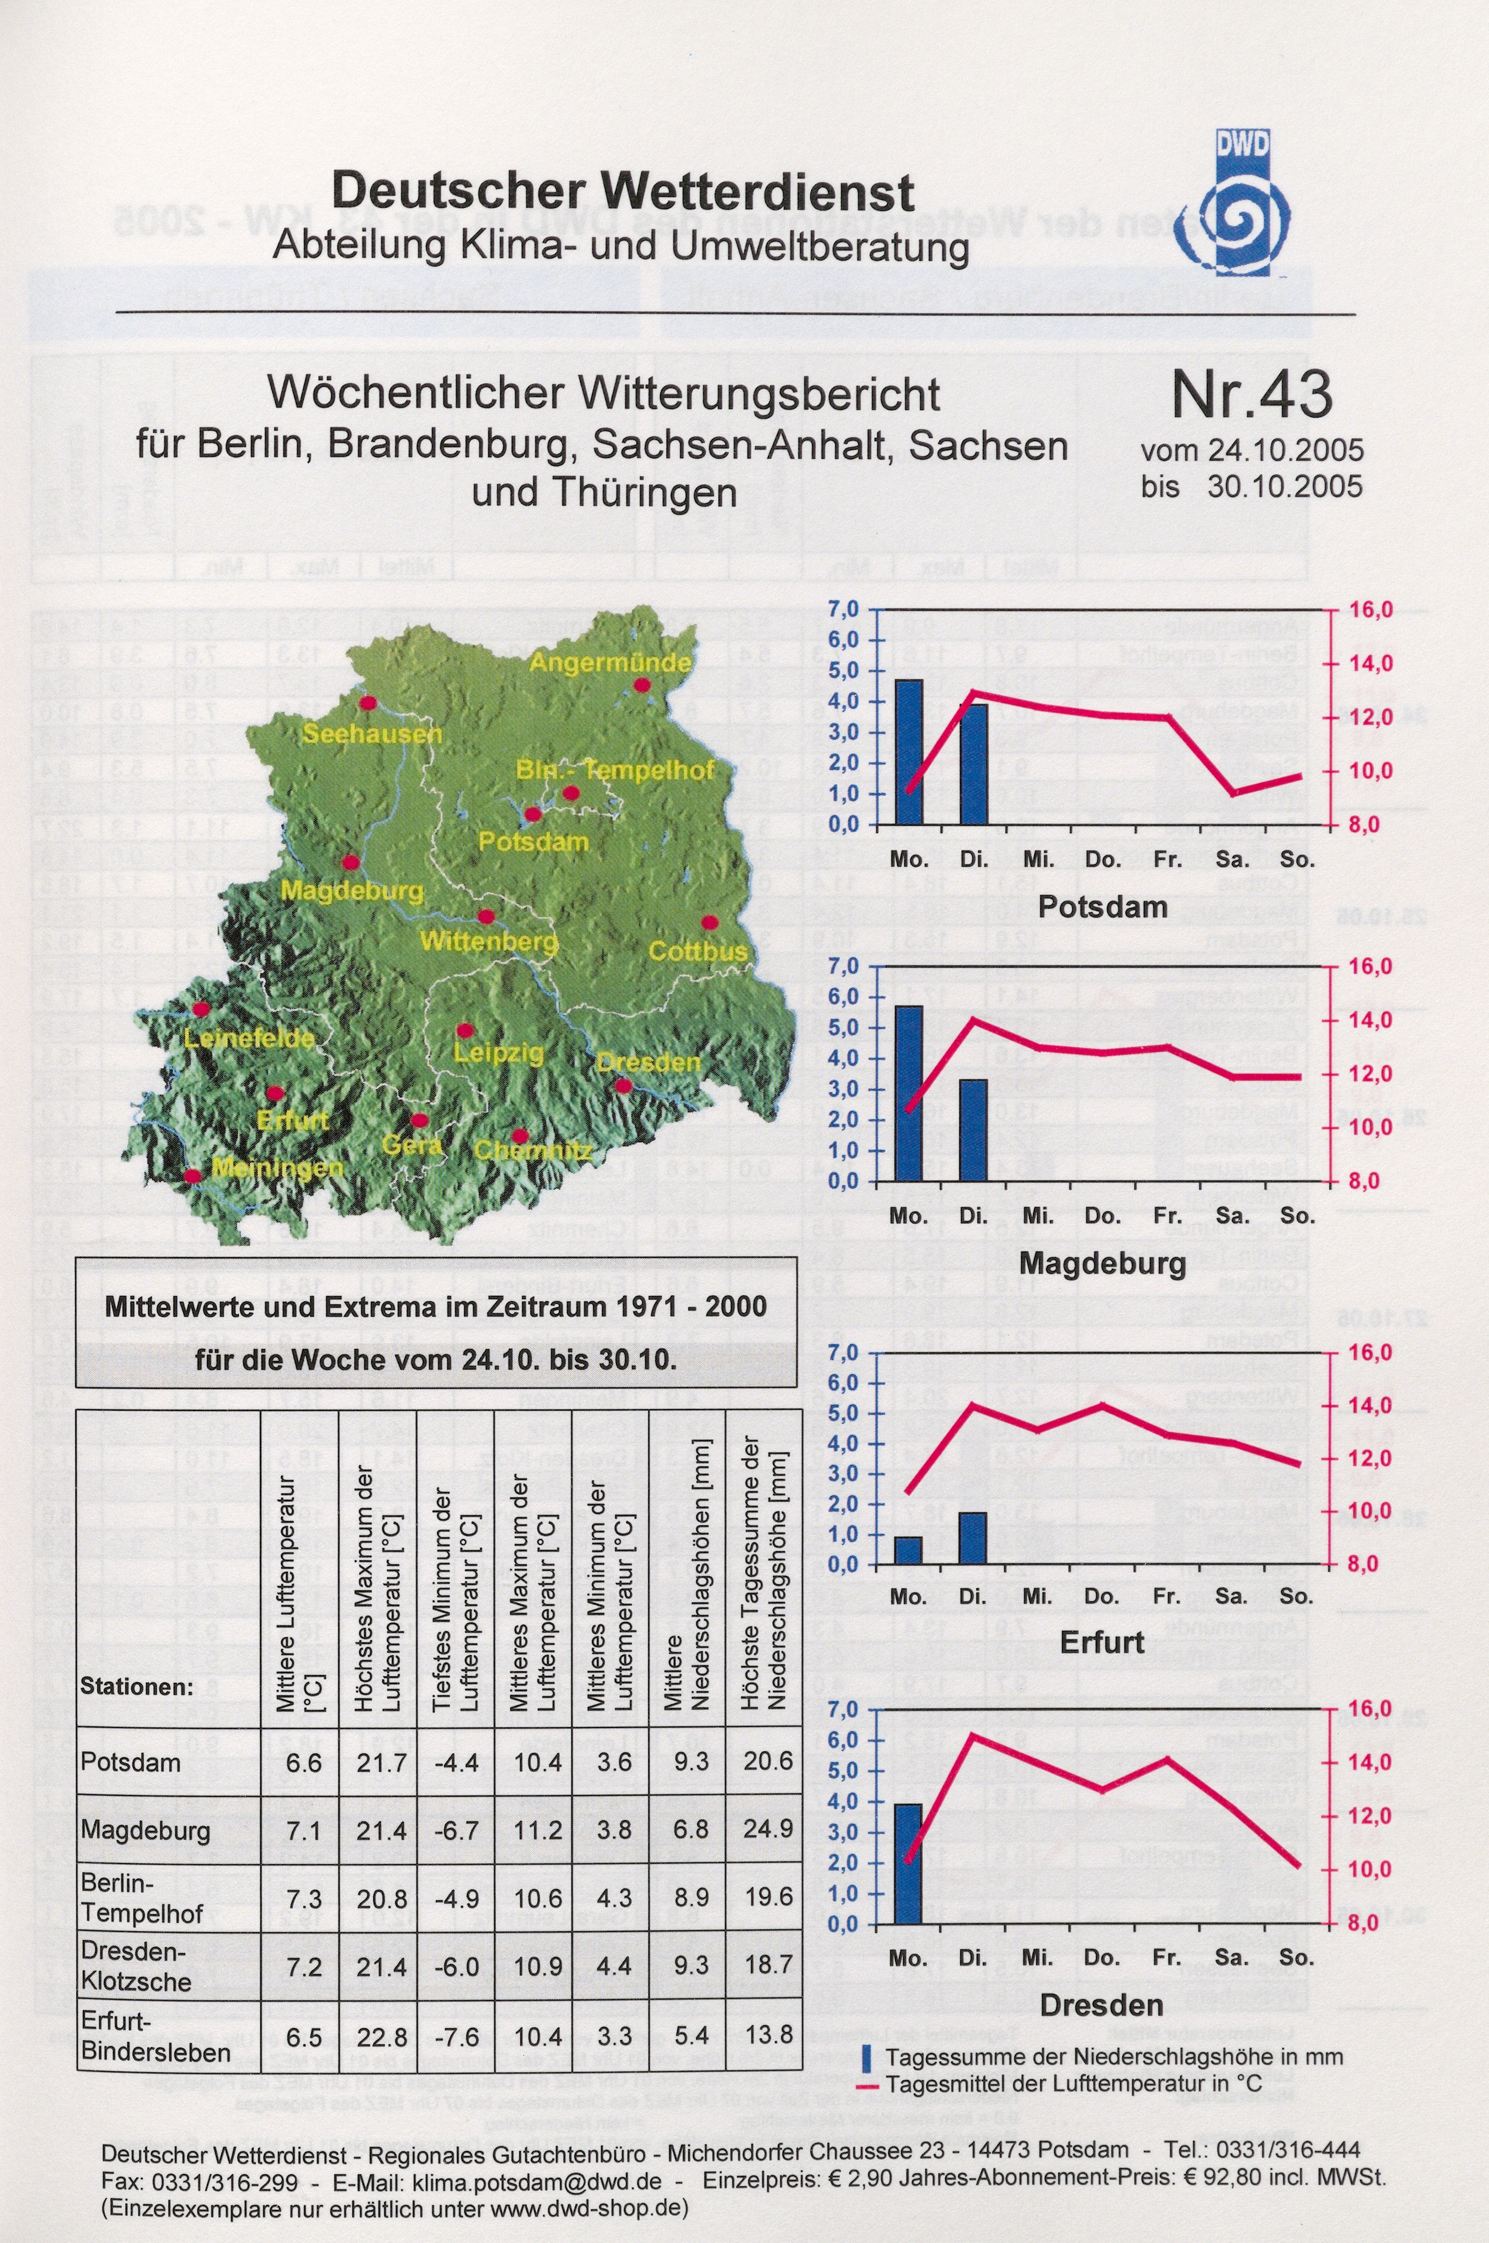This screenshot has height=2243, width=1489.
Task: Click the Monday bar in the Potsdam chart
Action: (x=909, y=752)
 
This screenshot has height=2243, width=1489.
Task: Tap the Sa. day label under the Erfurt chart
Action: (x=1231, y=1597)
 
